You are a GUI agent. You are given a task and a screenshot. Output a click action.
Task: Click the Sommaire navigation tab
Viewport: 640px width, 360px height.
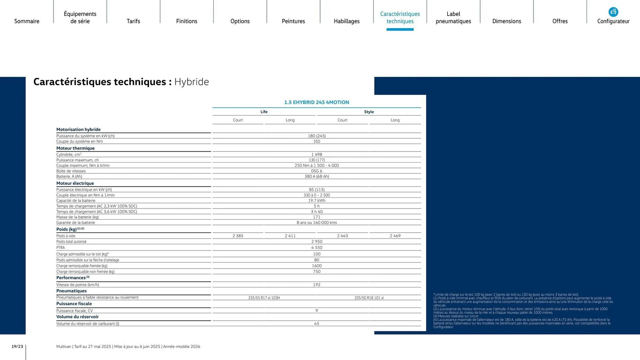coord(27,21)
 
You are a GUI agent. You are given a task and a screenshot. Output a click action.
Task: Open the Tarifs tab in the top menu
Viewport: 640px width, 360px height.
coord(133,21)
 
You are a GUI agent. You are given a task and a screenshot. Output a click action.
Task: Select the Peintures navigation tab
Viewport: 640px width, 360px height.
coord(293,21)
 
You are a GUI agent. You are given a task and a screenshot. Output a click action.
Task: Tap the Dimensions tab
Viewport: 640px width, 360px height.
coord(507,21)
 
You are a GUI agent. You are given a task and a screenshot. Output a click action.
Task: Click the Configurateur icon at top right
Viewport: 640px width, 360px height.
coord(613,12)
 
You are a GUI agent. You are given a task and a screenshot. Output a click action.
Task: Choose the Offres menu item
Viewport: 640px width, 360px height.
coord(560,21)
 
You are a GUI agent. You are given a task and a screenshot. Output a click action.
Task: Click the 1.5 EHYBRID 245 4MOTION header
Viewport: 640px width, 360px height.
coord(317,102)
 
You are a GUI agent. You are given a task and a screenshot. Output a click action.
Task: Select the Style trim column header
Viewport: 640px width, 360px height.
coord(369,112)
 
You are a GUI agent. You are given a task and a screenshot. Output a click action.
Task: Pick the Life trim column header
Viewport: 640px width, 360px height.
coord(264,112)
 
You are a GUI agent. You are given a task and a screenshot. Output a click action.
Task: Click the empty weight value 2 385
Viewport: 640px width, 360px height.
coord(238,236)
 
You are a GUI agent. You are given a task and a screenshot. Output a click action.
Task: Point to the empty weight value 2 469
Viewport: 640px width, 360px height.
coord(395,236)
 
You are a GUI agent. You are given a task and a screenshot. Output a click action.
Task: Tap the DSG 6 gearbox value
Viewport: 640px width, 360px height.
coord(317,171)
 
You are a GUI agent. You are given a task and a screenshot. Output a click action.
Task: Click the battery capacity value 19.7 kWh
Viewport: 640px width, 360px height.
coord(317,201)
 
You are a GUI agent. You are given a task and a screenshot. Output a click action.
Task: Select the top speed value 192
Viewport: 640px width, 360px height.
coord(317,285)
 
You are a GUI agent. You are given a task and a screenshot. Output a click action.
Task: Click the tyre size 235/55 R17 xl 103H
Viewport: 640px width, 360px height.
coord(264,298)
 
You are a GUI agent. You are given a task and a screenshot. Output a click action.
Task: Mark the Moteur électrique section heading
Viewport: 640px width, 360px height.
coord(75,183)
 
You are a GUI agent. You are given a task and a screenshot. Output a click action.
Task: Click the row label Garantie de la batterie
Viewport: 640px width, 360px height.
coord(76,223)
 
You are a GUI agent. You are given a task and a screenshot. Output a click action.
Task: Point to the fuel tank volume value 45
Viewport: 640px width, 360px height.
coord(317,324)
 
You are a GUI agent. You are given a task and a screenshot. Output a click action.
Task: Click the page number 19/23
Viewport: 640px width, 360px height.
coord(17,347)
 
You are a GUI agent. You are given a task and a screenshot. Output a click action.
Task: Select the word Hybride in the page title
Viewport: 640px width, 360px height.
coord(192,82)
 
